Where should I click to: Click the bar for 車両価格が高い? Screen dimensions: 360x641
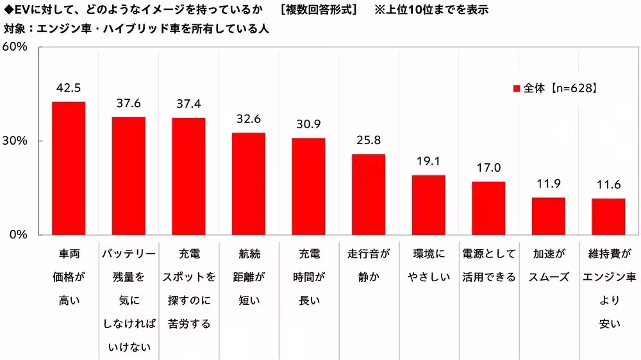pos(69,168)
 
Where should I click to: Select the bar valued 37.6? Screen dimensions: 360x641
pos(128,176)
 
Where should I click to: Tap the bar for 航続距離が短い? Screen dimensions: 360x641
pos(248,183)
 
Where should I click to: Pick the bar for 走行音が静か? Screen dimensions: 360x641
pos(369,194)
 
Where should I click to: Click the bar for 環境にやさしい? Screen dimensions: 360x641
pos(428,204)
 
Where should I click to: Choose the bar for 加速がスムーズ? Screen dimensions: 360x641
pos(549,216)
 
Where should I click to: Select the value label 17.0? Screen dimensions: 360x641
pos(488,168)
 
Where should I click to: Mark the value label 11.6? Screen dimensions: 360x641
pos(608,184)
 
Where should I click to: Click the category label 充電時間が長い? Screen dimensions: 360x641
pos(308,277)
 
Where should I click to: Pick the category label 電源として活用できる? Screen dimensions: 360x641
pos(488,266)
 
